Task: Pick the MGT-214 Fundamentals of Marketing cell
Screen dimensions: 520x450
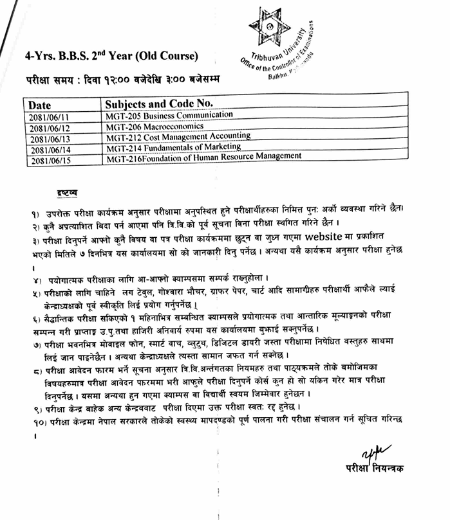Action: [170, 147]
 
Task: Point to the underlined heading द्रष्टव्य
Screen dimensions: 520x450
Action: [67, 192]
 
